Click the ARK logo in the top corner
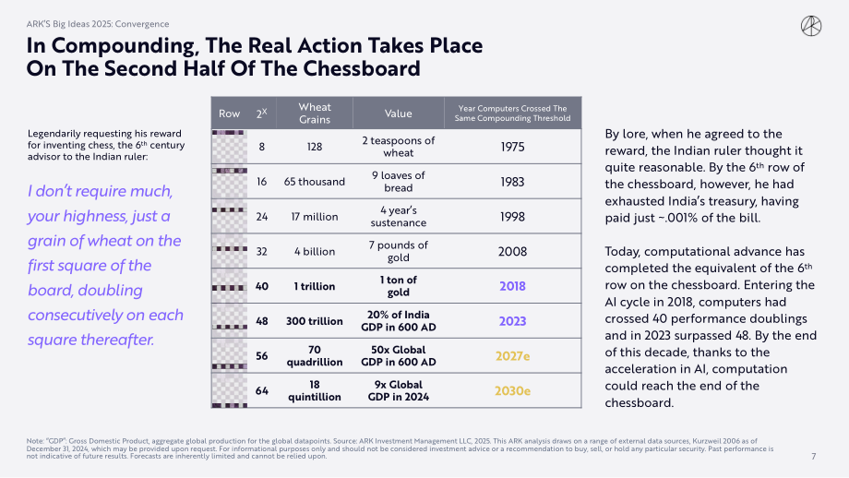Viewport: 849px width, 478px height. click(810, 26)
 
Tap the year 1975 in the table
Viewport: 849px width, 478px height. click(512, 147)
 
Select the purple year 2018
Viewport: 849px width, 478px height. click(512, 286)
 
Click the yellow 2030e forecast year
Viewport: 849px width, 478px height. click(512, 391)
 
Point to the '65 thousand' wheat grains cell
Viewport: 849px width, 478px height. click(314, 182)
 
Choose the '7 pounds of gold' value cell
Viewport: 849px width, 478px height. click(398, 251)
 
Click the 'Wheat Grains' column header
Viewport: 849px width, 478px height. click(315, 114)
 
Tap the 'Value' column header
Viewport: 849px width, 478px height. click(398, 114)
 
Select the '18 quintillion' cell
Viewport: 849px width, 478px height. click(314, 391)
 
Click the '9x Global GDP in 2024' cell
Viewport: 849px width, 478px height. click(398, 391)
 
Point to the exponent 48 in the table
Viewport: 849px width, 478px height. click(261, 321)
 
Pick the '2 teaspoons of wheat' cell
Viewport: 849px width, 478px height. click(398, 147)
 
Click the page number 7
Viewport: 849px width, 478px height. click(813, 457)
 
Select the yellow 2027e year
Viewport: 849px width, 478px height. click(512, 355)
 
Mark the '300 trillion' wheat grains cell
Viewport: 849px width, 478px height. click(314, 321)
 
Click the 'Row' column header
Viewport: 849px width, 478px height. click(229, 114)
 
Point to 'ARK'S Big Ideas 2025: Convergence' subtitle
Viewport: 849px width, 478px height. click(98, 24)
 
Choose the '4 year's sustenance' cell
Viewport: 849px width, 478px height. click(398, 217)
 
